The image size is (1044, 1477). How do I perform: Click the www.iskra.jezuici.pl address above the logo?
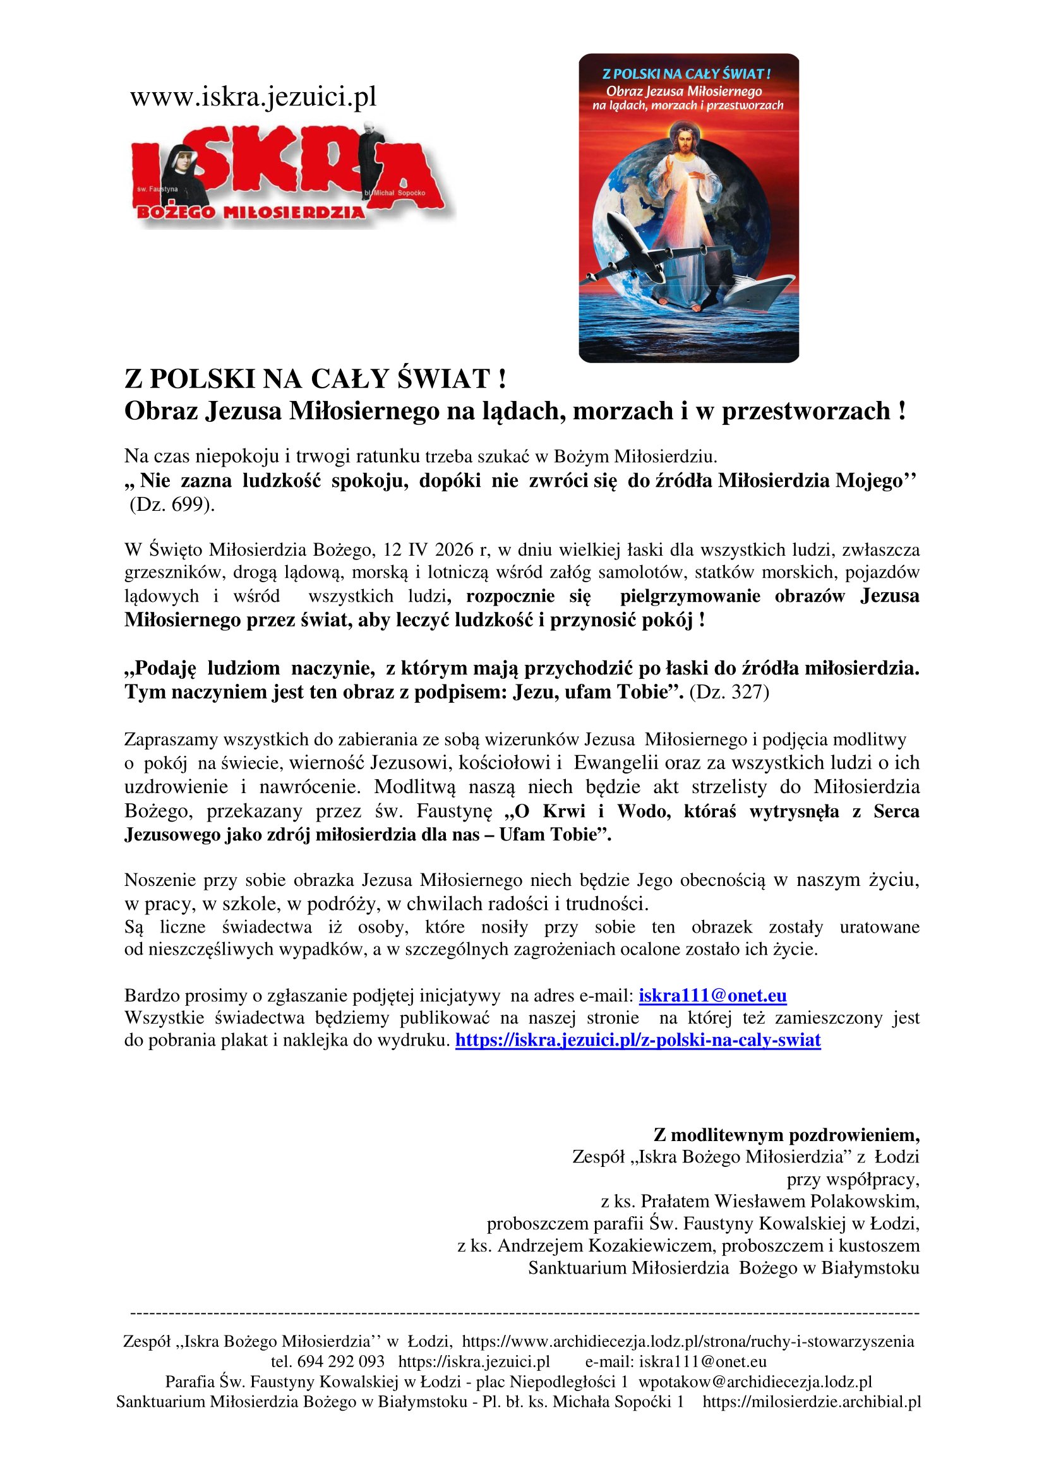pyautogui.click(x=253, y=97)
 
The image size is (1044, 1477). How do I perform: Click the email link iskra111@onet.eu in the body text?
pyautogui.click(x=712, y=996)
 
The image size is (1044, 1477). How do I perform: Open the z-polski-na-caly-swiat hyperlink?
pyautogui.click(x=637, y=1040)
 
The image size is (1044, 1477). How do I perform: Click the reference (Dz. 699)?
pyautogui.click(x=172, y=505)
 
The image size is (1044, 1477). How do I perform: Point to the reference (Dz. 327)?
pyautogui.click(x=729, y=692)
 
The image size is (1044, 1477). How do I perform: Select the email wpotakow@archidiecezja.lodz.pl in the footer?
pyautogui.click(x=755, y=1381)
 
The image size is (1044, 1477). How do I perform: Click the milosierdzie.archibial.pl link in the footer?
pyautogui.click(x=812, y=1401)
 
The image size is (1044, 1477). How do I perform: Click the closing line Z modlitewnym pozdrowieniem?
pyautogui.click(x=786, y=1134)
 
